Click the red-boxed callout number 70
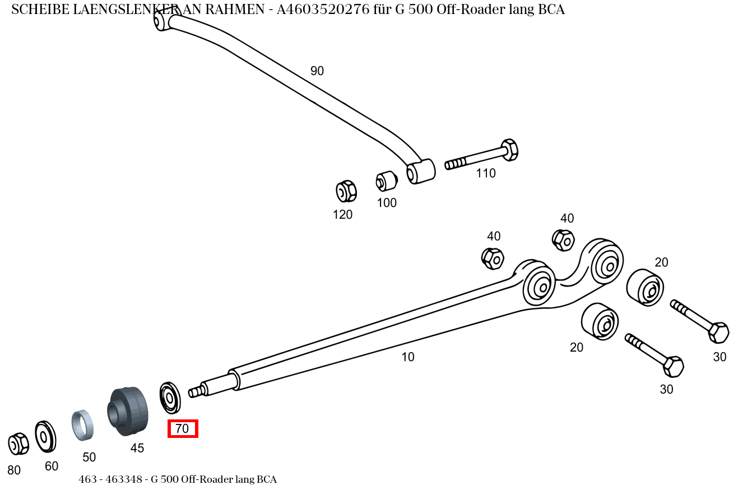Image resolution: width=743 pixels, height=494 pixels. tap(183, 429)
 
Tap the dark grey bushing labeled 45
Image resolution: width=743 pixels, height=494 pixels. tap(128, 411)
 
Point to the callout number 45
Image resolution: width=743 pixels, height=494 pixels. tap(137, 448)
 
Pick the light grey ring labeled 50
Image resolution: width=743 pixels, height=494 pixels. tap(82, 425)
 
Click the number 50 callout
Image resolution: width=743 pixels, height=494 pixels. tap(89, 457)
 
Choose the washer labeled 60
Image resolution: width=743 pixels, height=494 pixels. tap(45, 436)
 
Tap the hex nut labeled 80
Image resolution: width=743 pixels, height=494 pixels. tap(18, 444)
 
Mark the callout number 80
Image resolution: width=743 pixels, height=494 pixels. tap(14, 470)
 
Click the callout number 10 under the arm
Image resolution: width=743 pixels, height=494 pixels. tap(408, 357)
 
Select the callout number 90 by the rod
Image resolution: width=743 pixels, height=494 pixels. tap(317, 71)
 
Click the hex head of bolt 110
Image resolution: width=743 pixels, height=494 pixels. tap(509, 149)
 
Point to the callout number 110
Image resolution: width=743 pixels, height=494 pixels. tap(486, 173)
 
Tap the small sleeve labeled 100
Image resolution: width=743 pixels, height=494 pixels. tap(386, 181)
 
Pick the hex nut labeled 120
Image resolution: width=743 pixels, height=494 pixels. tap(346, 191)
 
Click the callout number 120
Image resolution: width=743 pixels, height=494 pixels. tap(342, 214)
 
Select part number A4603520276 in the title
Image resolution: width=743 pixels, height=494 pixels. tap(323, 10)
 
